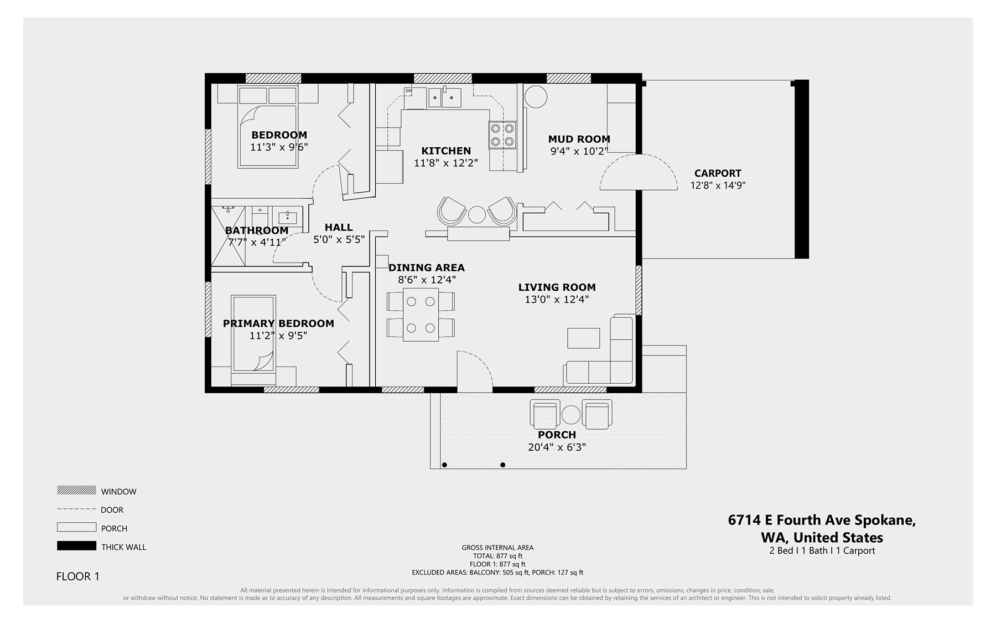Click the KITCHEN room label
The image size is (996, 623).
[x=446, y=151]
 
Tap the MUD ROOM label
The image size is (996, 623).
[x=579, y=139]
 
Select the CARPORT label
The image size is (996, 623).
[x=718, y=173]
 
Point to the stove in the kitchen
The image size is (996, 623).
[x=502, y=135]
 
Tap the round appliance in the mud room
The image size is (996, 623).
[x=536, y=97]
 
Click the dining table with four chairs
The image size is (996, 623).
[x=421, y=315]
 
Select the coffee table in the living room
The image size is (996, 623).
[x=584, y=338]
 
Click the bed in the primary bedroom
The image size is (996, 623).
[x=253, y=333]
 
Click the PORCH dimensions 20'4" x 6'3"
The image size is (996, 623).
[x=557, y=447]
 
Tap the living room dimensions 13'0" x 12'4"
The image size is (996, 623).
[x=557, y=300]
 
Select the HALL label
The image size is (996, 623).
[x=339, y=227]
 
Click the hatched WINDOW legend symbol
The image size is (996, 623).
[x=76, y=491]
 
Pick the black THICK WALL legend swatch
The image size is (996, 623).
[x=76, y=546]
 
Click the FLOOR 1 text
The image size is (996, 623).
[x=78, y=576]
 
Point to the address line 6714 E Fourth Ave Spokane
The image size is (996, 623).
[x=822, y=520]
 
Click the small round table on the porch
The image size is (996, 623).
[x=571, y=414]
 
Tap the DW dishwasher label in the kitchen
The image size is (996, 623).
[x=409, y=91]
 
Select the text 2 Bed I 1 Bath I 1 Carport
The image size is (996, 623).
[x=822, y=550]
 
